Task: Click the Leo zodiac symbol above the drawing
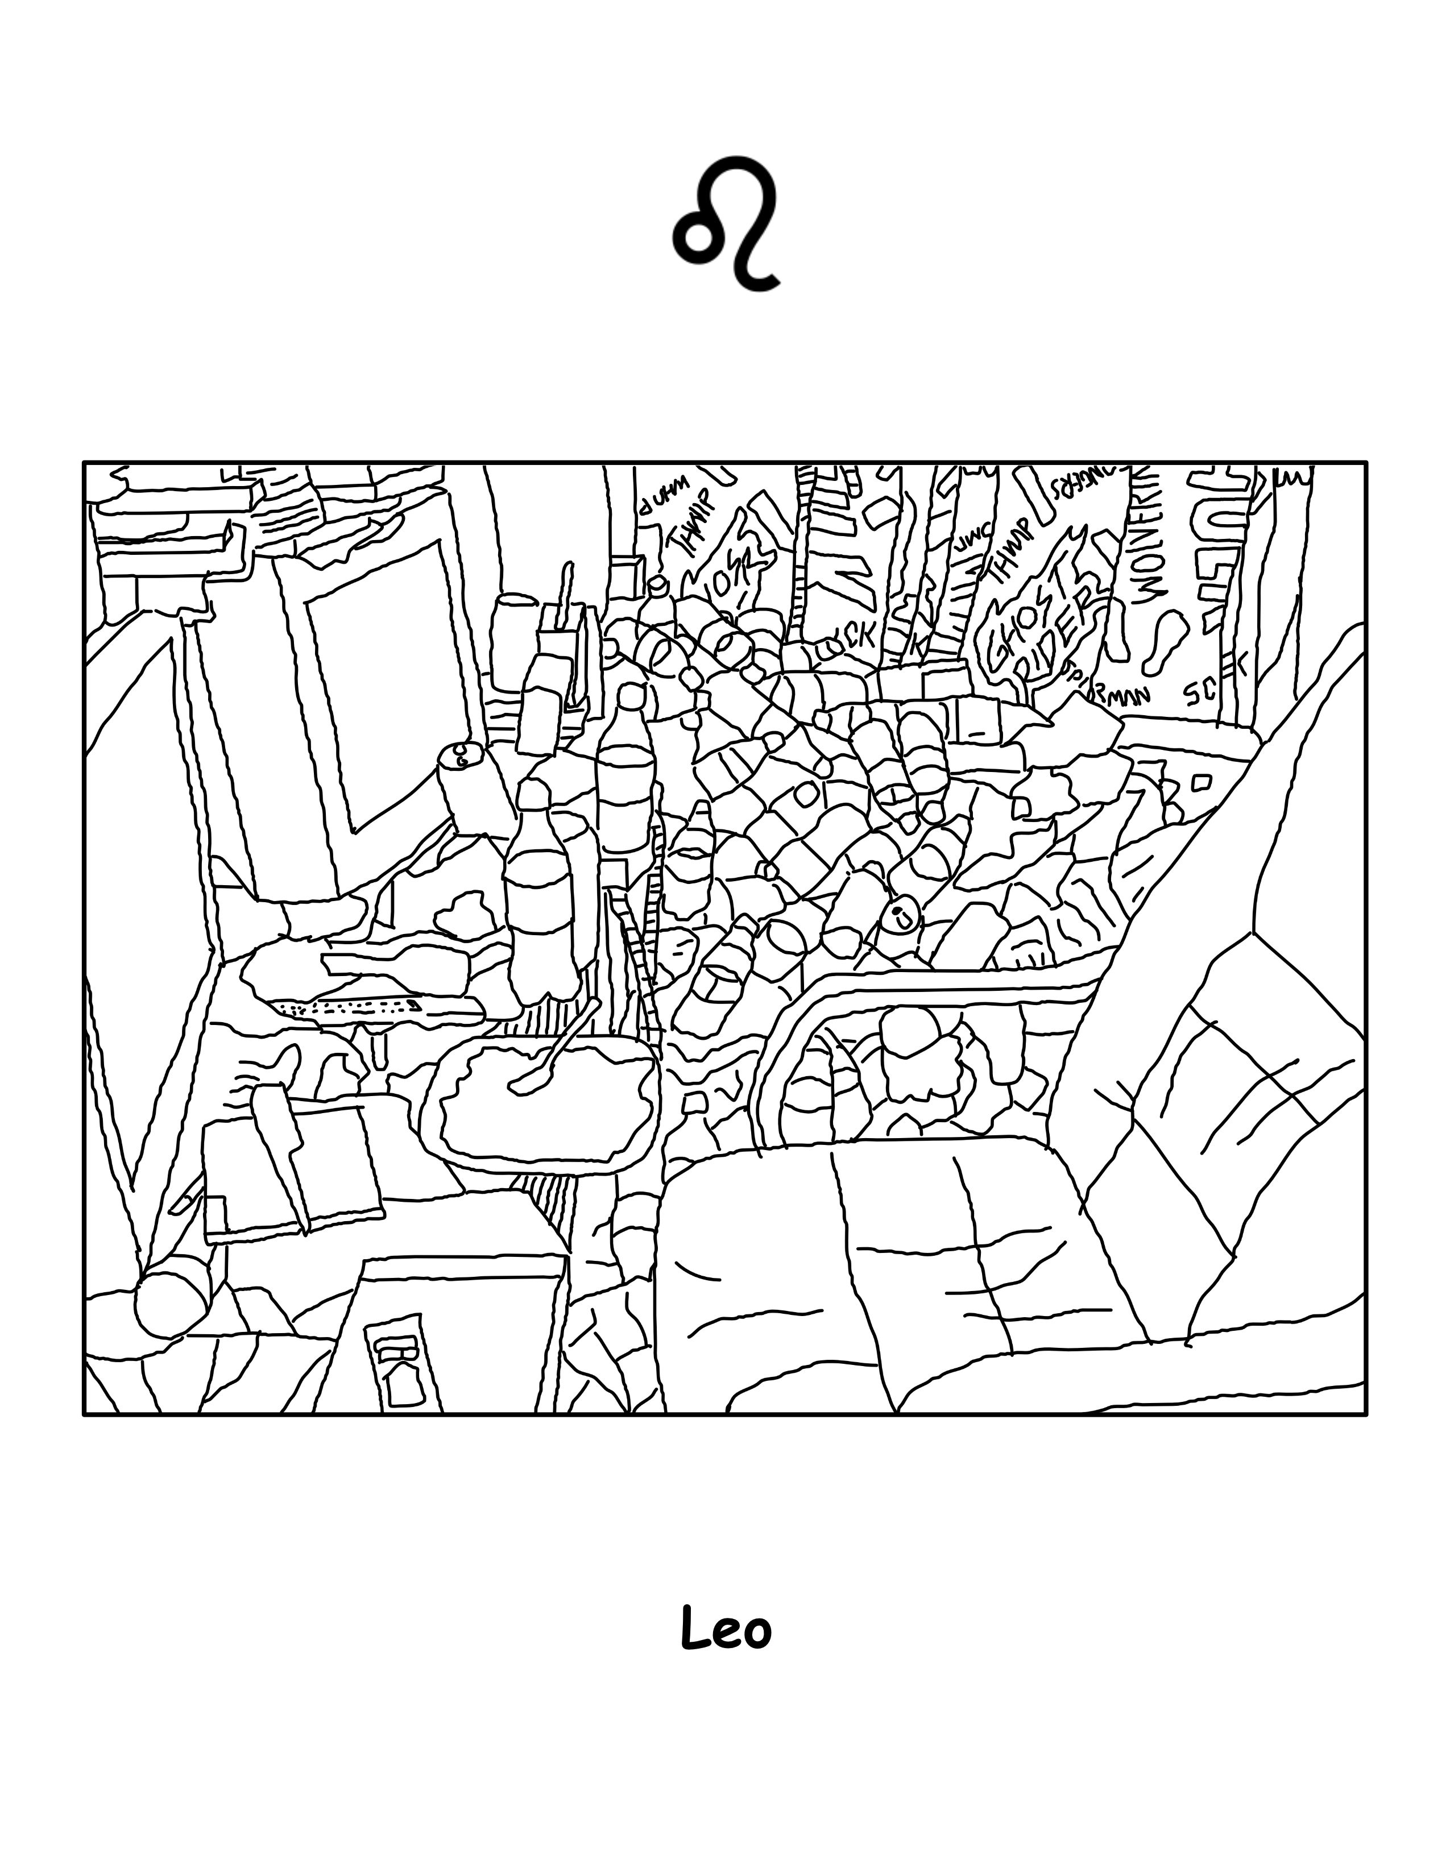click(727, 222)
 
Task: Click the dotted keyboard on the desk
click(348, 1007)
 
